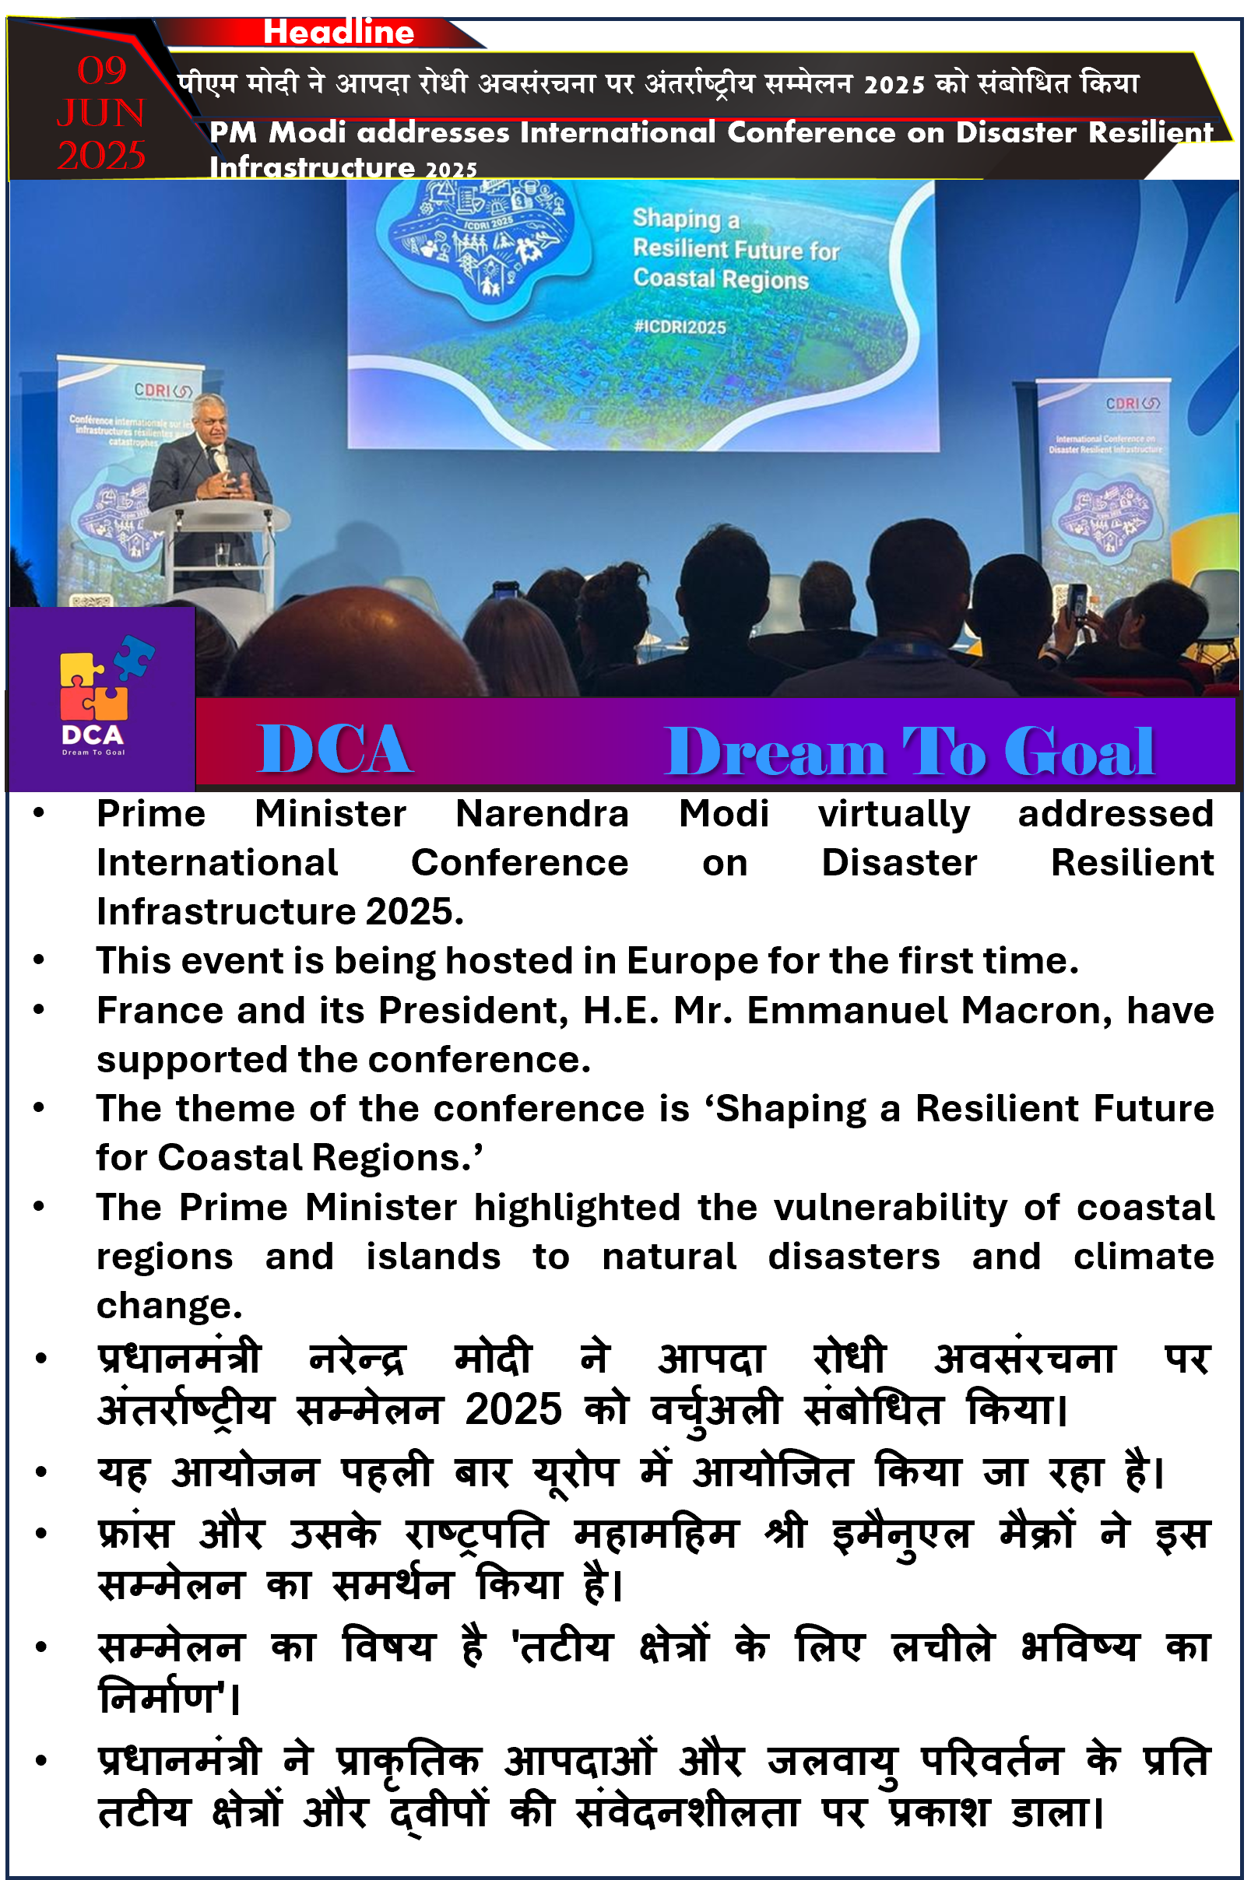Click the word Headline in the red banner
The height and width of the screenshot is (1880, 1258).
pyautogui.click(x=339, y=32)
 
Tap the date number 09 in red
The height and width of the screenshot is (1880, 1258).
pyautogui.click(x=102, y=71)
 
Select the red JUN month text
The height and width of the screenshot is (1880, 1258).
pyautogui.click(x=101, y=113)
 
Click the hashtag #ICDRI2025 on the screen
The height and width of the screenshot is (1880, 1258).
pyautogui.click(x=680, y=328)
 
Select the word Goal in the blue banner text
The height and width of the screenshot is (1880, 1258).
pyautogui.click(x=1079, y=752)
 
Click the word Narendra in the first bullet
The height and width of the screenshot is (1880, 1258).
pyautogui.click(x=543, y=814)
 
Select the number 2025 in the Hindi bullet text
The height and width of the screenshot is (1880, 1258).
pyautogui.click(x=514, y=1409)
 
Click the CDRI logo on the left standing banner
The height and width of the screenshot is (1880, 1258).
pyautogui.click(x=162, y=390)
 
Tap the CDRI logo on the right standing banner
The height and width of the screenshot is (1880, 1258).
pyautogui.click(x=1133, y=402)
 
